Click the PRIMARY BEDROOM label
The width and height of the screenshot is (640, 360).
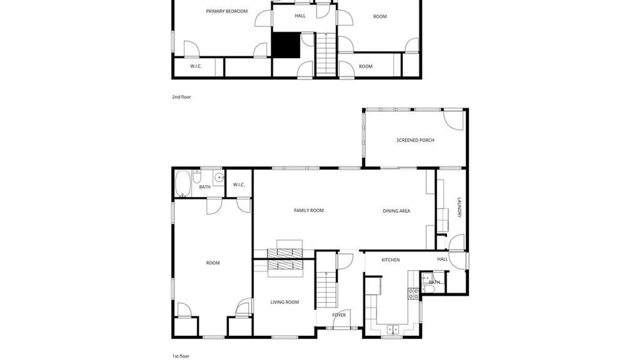point(227,11)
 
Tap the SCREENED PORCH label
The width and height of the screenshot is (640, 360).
point(415,140)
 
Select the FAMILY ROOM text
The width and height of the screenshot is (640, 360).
point(309,210)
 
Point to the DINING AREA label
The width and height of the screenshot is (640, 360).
point(396,211)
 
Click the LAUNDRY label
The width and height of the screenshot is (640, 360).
point(459,207)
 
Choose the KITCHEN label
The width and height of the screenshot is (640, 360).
point(391,260)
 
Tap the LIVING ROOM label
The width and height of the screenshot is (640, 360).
point(285,302)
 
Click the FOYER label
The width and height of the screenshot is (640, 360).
point(339,315)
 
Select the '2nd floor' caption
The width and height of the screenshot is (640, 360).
point(181,97)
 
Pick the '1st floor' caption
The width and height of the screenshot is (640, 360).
point(181,356)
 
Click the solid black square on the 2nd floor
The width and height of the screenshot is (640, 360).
point(286,45)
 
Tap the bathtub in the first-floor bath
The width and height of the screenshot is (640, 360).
point(183,184)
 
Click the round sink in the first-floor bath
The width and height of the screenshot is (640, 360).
point(219,177)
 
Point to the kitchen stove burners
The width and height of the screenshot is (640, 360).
point(414,294)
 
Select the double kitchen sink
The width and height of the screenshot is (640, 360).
point(393,329)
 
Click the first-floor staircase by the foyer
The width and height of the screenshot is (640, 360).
point(326,290)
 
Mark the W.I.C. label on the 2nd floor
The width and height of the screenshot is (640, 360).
point(196,66)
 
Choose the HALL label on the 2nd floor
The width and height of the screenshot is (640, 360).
point(300,16)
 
